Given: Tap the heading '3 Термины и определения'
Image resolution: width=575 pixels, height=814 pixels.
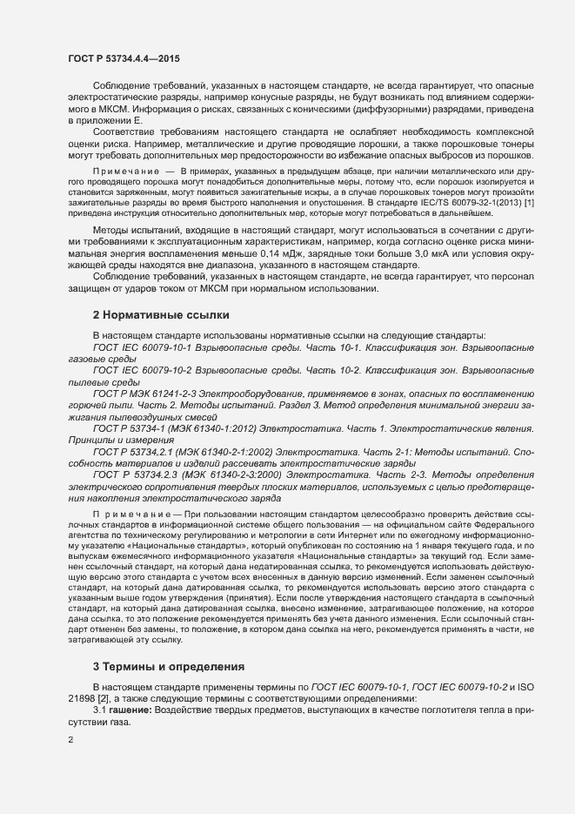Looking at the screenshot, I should click(x=170, y=666).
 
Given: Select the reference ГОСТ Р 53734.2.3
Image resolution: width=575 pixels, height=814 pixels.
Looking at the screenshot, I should click(x=142, y=474).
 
